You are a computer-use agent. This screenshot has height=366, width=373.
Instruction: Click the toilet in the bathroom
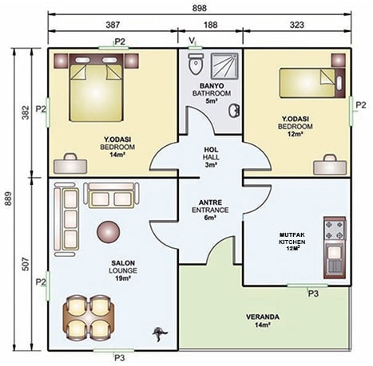pos(196,64)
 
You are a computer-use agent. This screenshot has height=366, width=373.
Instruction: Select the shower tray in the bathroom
pos(224,66)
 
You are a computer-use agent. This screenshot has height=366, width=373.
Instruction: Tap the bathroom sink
pos(234,110)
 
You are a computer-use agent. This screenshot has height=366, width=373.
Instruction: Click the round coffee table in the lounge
pos(108,231)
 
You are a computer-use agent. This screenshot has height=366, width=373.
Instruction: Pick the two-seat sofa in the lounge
pos(111,195)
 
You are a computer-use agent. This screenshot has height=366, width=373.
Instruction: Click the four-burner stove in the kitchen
pos(335,231)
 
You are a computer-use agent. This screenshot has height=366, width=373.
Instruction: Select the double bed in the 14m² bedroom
pos(96,88)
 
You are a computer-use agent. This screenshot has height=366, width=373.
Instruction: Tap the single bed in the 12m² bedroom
pos(312,83)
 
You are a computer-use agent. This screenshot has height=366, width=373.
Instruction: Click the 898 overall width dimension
pos(200,8)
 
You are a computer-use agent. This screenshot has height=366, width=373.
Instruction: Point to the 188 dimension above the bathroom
pos(210,25)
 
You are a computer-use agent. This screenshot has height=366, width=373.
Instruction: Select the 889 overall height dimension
pos(8,199)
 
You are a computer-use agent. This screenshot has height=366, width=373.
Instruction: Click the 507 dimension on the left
pos(26,264)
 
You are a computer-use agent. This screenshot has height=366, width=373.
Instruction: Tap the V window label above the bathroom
pos(192,41)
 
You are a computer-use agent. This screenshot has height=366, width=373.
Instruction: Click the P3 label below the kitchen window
pos(313,293)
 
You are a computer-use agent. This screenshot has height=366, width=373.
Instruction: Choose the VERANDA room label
pos(263,317)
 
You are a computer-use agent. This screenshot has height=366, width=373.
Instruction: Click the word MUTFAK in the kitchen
pos(292,235)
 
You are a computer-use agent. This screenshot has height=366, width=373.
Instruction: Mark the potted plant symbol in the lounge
pos(160,333)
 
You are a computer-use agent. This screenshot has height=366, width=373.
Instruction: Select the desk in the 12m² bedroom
pos(330,165)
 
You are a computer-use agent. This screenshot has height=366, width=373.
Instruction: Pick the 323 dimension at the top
pos(297,25)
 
